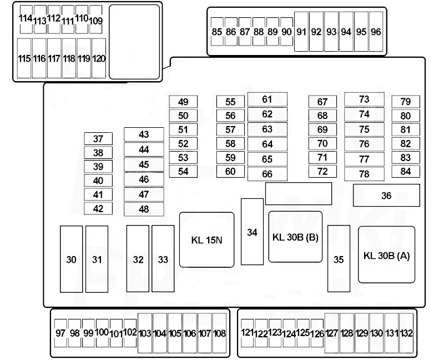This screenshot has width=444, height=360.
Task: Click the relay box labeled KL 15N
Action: click(206, 239)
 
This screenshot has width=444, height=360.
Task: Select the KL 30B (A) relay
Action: click(386, 254)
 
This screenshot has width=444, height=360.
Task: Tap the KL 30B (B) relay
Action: click(295, 236)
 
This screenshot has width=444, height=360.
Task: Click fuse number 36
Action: click(386, 196)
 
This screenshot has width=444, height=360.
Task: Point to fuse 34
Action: click(252, 232)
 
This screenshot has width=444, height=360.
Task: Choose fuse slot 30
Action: click(71, 259)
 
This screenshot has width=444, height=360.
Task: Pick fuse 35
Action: click(339, 258)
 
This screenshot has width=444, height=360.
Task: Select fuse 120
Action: click(99, 58)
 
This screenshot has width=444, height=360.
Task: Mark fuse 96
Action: click(376, 32)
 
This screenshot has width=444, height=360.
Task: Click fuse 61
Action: click(267, 99)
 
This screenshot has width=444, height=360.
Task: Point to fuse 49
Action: click(183, 102)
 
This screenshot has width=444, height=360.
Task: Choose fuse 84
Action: click(405, 171)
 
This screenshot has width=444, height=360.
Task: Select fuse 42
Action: click(98, 208)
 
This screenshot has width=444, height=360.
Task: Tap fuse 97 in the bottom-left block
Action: click(61, 333)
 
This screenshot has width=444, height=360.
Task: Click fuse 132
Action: click(406, 333)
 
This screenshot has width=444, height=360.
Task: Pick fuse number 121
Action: click(248, 333)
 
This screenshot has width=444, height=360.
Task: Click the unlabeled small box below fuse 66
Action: click(286, 194)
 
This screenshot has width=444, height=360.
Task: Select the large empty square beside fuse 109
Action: click(134, 42)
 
